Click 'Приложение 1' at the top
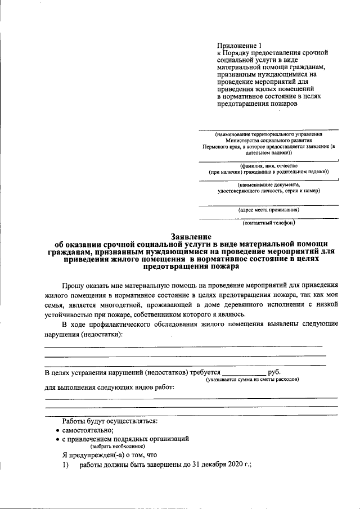coord(240,45)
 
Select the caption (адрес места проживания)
coord(269,210)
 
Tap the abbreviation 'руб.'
coord(275,372)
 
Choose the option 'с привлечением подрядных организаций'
coord(125,438)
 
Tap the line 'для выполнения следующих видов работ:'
coord(109,387)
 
